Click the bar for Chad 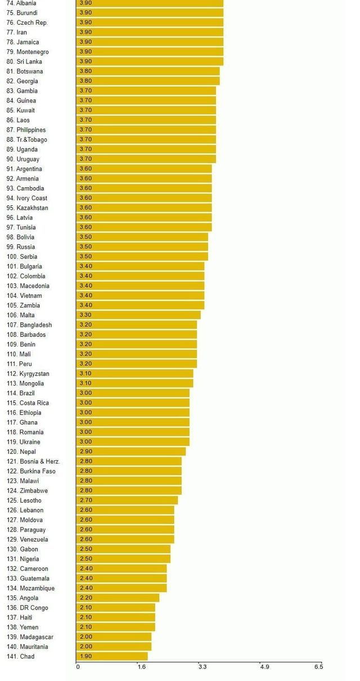[112, 656]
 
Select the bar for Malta [138, 315]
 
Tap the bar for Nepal [131, 452]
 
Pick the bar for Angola [118, 598]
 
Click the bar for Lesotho [127, 500]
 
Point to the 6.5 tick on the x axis [318, 667]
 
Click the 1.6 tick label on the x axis [141, 667]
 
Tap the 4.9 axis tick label [264, 667]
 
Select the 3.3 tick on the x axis [202, 667]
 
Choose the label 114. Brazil [21, 393]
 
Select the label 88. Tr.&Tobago [27, 139]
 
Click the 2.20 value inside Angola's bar [86, 598]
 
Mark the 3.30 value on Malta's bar [86, 315]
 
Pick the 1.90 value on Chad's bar [86, 656]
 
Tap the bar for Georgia [148, 81]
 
